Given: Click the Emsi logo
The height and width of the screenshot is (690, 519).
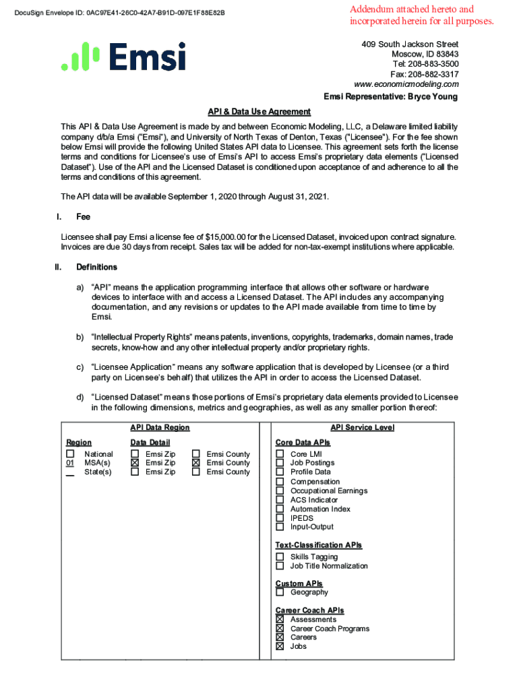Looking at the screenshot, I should tap(123, 57).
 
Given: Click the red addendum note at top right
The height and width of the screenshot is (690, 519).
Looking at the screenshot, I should tap(421, 15).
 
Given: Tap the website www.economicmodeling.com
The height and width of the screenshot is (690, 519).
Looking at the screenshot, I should tap(406, 84).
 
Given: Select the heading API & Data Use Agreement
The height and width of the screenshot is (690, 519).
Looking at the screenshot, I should tap(259, 112).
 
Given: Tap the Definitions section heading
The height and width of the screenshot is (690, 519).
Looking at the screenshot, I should tap(96, 267).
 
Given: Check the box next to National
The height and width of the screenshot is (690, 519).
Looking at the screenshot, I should tap(70, 454).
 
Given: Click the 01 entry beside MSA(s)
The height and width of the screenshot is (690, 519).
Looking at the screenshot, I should tap(70, 464).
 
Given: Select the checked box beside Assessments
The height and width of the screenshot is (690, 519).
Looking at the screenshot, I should tap(280, 619).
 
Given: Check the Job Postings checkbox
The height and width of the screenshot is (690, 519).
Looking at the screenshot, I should tap(280, 463).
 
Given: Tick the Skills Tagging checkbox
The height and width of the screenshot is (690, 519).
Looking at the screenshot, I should tap(280, 557).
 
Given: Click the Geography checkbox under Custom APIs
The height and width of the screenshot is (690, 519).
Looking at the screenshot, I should tap(280, 592).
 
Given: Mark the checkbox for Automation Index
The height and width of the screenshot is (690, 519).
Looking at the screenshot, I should tap(280, 509).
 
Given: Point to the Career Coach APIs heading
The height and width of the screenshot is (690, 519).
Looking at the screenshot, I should tap(309, 610).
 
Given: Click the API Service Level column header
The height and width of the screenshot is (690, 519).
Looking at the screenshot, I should tap(362, 428).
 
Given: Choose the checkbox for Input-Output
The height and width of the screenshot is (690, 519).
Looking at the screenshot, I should tap(280, 527).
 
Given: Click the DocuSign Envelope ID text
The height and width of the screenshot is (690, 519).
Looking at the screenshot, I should tap(123, 13).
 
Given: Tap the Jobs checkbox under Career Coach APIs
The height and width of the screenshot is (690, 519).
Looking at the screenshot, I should tap(280, 646).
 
